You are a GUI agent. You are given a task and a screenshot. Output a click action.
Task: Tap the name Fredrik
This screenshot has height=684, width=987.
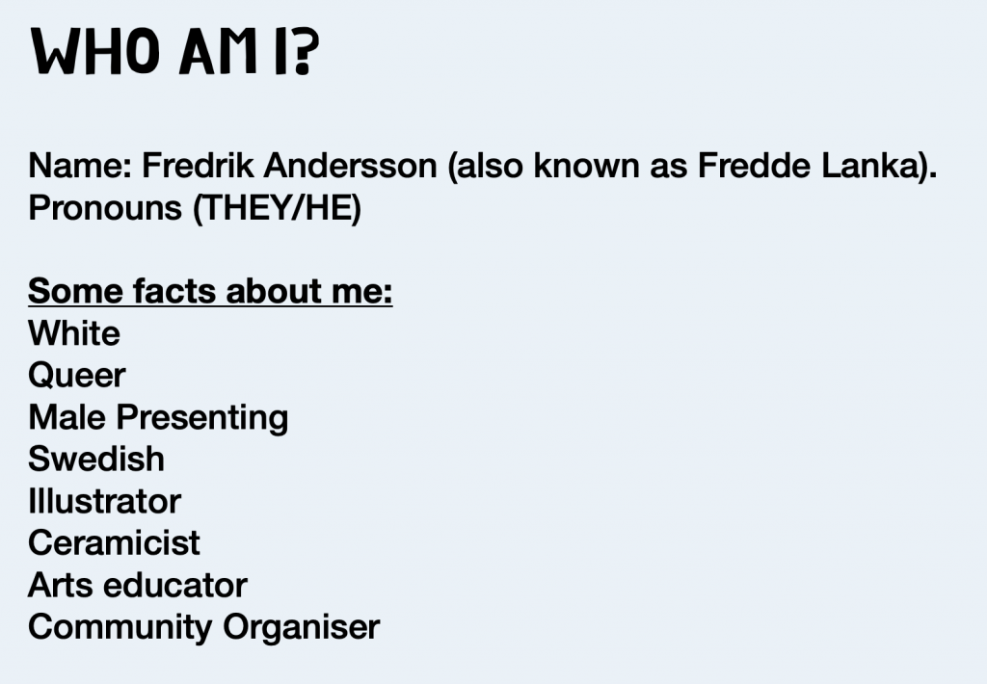tap(198, 166)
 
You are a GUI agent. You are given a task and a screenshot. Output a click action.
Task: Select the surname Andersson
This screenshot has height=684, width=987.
tap(350, 166)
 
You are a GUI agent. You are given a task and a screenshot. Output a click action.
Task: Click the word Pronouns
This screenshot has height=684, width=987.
tap(105, 208)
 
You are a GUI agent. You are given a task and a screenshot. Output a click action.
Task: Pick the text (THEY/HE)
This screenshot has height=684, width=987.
tap(278, 208)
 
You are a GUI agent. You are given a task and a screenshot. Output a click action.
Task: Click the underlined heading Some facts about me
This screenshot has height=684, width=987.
tap(210, 291)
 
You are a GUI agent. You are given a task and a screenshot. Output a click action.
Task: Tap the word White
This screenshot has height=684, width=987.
tap(74, 333)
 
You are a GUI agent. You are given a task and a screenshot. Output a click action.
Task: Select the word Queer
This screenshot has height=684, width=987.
tap(77, 376)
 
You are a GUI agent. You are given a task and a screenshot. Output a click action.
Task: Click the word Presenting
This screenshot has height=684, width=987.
tap(202, 418)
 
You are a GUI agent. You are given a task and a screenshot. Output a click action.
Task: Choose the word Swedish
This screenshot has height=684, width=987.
tap(96, 459)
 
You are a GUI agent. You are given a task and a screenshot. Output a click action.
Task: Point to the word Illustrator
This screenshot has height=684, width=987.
tap(104, 502)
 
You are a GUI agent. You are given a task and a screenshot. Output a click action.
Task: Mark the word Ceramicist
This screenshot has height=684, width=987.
tap(114, 543)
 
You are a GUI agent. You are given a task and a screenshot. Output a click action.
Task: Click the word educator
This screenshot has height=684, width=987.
tap(175, 585)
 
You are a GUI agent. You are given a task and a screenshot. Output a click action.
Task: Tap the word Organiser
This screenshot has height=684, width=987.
tap(302, 628)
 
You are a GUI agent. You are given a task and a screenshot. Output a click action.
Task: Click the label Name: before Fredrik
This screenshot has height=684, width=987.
tap(80, 166)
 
